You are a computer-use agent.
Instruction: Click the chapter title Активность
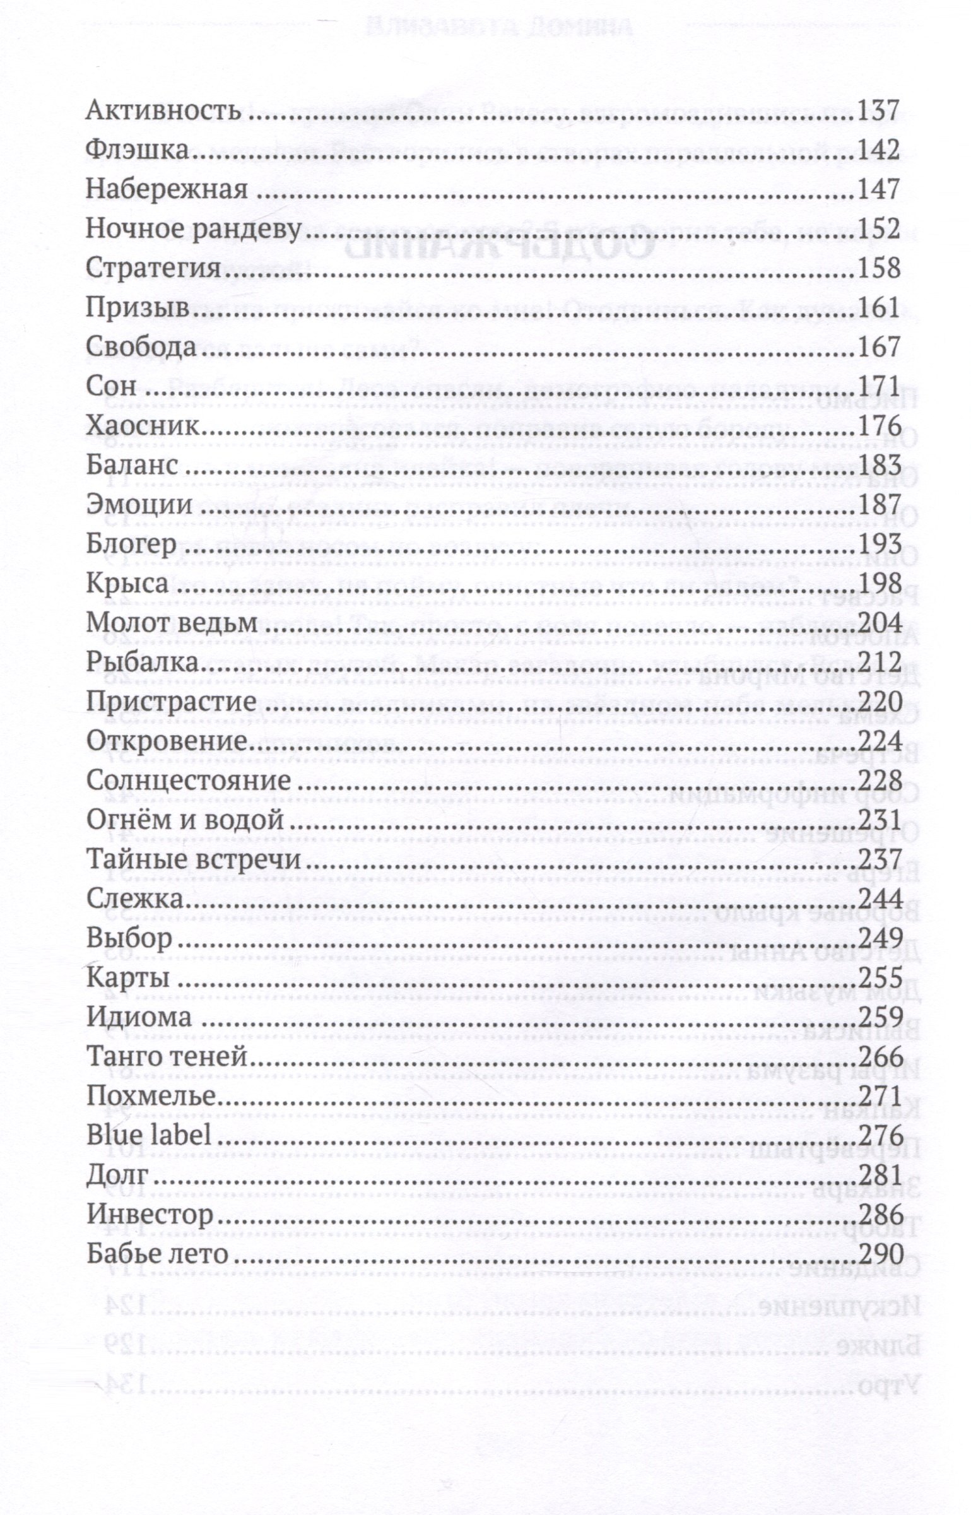163,112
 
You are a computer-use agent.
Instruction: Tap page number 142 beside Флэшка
879,151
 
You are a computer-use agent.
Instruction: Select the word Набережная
167,190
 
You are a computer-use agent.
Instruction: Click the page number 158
879,269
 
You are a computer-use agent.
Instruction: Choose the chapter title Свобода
142,348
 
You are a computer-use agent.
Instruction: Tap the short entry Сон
110,387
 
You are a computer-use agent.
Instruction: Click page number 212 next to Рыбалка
879,662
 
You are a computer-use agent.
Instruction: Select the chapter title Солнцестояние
189,781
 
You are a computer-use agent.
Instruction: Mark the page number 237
879,859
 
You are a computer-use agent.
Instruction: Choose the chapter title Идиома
139,1017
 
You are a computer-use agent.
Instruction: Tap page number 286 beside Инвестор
879,1214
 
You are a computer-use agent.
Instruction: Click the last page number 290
879,1253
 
